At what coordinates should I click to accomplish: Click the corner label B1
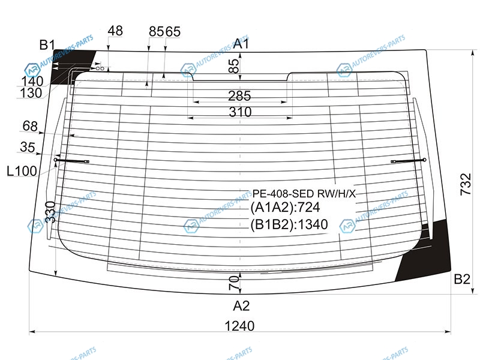coord(47,45)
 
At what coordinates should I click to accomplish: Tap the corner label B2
coord(462,279)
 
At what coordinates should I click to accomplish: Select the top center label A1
coord(241,44)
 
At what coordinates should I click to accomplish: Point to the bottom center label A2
coord(241,305)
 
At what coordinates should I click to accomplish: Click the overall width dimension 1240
coord(239,326)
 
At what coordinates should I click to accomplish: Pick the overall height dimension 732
coord(466,184)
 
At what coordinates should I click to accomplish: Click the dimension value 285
coord(239,96)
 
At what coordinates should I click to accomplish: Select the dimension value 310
coord(240,112)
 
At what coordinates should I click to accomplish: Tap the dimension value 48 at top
coord(115,31)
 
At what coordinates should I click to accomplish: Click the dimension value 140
coord(32,82)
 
